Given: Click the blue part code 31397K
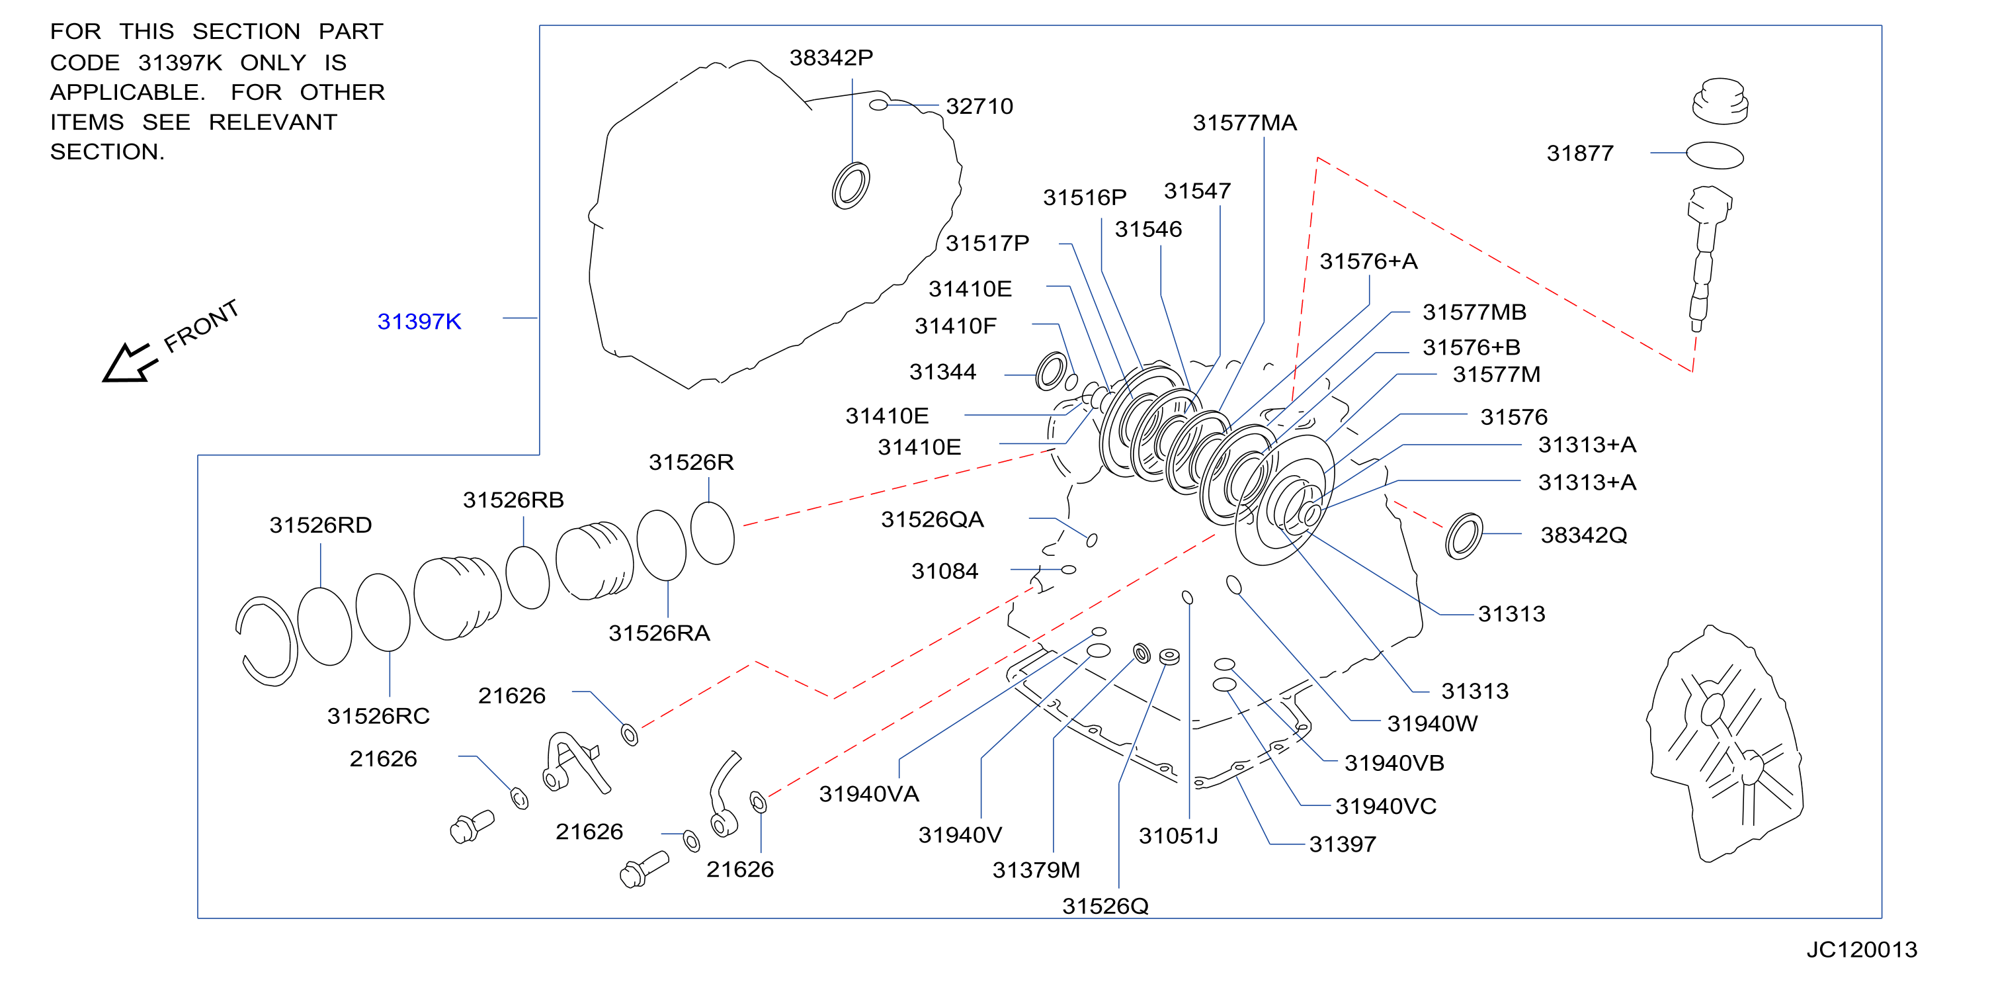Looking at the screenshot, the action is [x=419, y=322].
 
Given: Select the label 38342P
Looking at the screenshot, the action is [x=831, y=58].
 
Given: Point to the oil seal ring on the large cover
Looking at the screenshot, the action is [x=850, y=185].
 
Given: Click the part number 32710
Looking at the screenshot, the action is [x=979, y=106].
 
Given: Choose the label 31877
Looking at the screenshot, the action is [x=1579, y=154].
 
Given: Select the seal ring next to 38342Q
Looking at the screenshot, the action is [x=1464, y=536].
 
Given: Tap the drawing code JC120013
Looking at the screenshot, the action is [x=1862, y=950].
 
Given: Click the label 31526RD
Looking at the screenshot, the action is [x=321, y=525].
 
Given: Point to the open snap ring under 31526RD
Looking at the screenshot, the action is [x=267, y=642].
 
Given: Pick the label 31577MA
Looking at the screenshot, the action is [x=1244, y=122].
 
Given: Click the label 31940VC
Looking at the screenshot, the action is [x=1386, y=806].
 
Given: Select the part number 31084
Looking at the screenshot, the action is [x=944, y=571].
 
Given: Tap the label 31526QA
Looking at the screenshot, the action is [x=932, y=519].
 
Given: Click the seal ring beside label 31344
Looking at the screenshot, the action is [x=1051, y=372].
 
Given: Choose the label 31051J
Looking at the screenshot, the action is [x=1178, y=836].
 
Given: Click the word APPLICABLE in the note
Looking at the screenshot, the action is [x=128, y=91].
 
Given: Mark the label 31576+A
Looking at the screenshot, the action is [x=1368, y=261].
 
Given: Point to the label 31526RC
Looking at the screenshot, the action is [x=378, y=715].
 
